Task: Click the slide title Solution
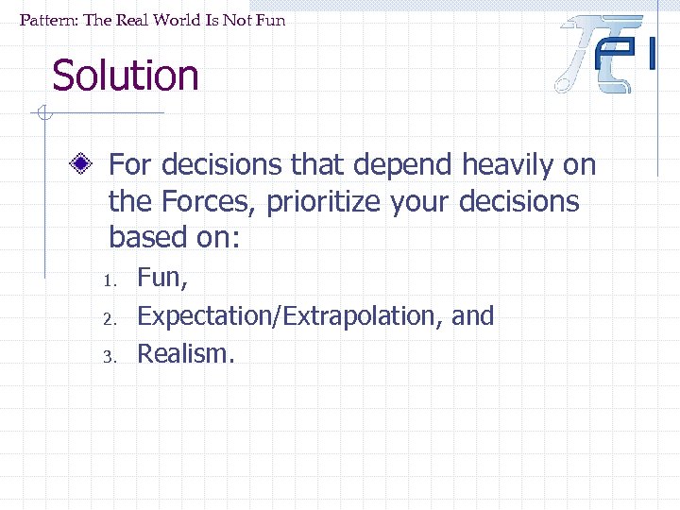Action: (126, 76)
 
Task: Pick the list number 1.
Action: (110, 280)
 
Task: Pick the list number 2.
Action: (110, 318)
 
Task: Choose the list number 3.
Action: (110, 356)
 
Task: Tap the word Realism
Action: (184, 353)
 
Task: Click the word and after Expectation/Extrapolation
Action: (473, 315)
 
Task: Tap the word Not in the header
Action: (240, 19)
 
